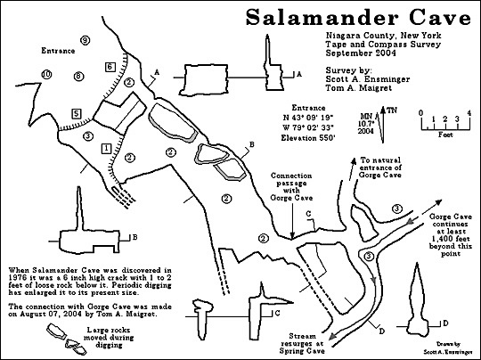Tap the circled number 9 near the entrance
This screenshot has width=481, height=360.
85,41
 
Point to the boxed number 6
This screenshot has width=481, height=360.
109,67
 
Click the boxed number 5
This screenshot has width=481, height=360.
77,113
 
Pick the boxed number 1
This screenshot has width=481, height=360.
105,147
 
